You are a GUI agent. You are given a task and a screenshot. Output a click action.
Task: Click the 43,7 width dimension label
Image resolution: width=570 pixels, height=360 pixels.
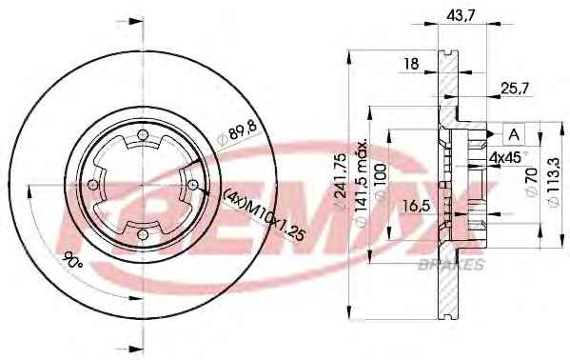point(461,15)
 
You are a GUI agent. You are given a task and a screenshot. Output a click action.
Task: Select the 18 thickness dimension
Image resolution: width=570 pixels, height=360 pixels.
point(412,64)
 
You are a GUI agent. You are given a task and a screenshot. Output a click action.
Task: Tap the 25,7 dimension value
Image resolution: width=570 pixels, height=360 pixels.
point(515,89)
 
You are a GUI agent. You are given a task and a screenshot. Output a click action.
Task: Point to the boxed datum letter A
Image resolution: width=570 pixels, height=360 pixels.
point(514,134)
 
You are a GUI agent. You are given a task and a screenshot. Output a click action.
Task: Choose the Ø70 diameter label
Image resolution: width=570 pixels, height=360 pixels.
point(531,182)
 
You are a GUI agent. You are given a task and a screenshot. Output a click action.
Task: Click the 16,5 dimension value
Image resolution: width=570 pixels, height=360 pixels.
point(417,206)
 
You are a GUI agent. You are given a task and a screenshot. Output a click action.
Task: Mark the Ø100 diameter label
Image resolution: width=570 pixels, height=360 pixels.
point(380,181)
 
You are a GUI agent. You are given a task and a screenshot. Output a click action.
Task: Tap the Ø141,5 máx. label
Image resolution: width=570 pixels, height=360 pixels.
point(361,183)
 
